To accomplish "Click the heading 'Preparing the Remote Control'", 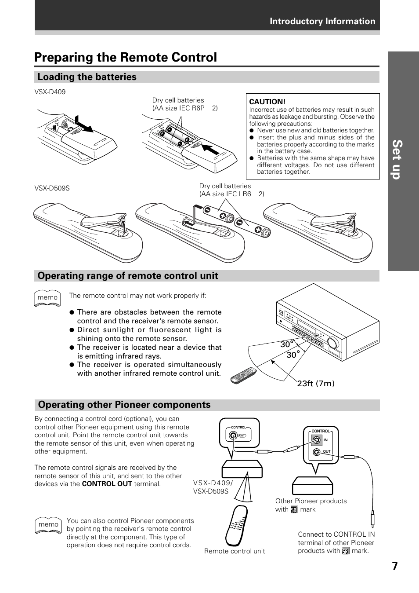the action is (x=126, y=58).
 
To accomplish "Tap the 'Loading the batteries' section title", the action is (x=87, y=77).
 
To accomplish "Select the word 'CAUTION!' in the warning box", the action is (x=267, y=102).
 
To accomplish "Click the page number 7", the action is (x=395, y=566).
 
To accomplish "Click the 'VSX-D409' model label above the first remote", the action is (x=50, y=92).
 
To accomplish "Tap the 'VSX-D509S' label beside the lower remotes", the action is (x=52, y=188).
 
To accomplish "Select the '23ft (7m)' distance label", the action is (x=316, y=384).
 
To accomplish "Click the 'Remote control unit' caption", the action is (x=235, y=551).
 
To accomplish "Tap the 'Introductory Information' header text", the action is (x=322, y=21).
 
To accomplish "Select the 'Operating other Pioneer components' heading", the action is (x=124, y=405).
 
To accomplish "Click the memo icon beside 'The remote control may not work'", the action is (x=47, y=298).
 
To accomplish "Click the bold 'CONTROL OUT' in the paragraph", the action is (x=107, y=484).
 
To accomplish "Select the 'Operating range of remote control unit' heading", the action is (x=128, y=276).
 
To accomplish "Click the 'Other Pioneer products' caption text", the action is (x=311, y=501).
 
